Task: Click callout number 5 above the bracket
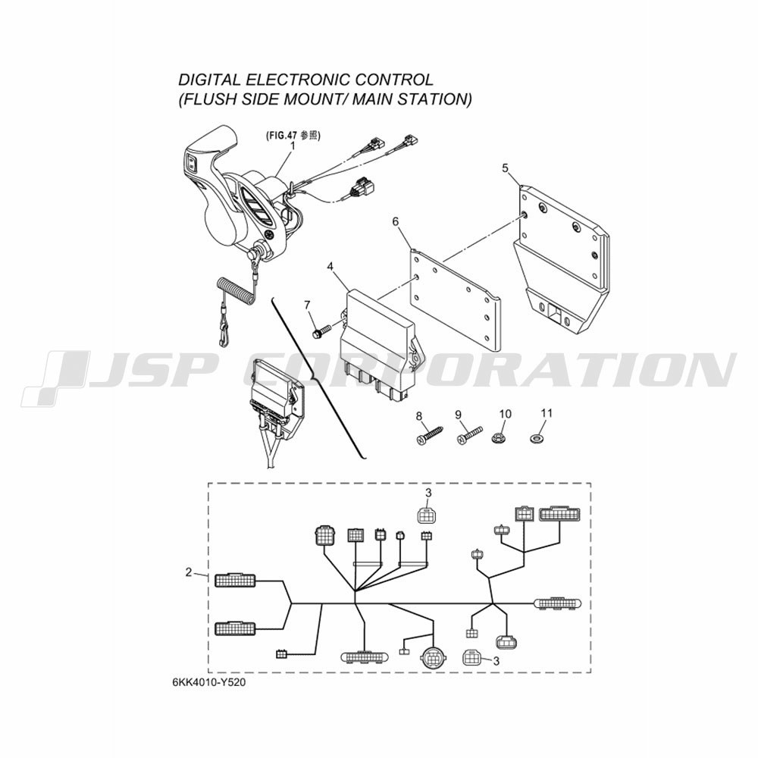(505, 168)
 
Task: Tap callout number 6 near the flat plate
(396, 221)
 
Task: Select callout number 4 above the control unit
(330, 266)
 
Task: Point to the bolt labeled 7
(321, 332)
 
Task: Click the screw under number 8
(429, 434)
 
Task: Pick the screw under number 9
(470, 434)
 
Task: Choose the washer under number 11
(536, 439)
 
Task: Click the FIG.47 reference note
(293, 136)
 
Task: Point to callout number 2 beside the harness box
(189, 572)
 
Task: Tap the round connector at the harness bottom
(433, 656)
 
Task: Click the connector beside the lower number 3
(472, 657)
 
